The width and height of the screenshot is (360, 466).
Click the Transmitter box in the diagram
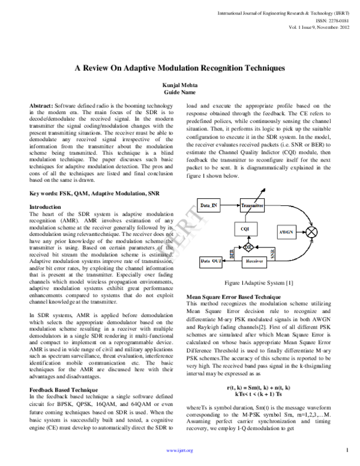tap(252, 206)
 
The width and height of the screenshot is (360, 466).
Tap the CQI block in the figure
tap(245, 229)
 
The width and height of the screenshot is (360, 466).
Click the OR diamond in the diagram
tap(245, 247)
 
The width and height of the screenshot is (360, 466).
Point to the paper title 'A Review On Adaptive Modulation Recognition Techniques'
tap(180, 69)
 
